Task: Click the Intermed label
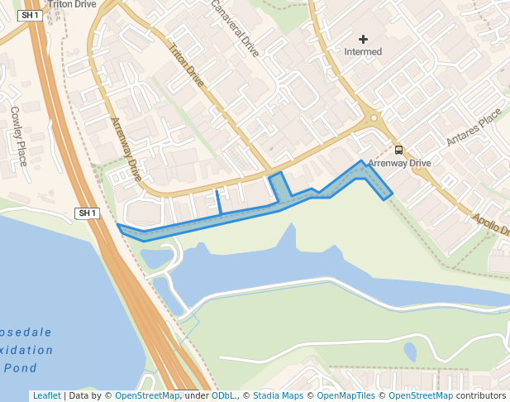coord(363,52)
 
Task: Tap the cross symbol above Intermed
coord(363,39)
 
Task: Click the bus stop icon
coord(399,151)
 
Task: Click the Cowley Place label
coord(19,135)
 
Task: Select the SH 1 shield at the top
coord(30,16)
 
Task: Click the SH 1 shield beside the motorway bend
coord(87,213)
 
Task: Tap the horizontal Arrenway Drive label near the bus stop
coord(399,164)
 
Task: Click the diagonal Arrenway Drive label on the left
coord(126,150)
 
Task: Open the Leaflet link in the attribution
coord(46,395)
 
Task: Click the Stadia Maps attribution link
coord(278,395)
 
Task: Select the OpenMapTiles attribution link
coord(346,395)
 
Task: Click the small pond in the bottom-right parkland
coord(410,352)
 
